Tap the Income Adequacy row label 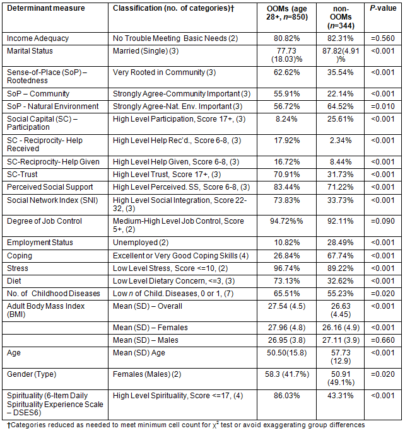tap(38, 38)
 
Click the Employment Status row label tap(40, 243)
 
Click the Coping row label tap(19, 255)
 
